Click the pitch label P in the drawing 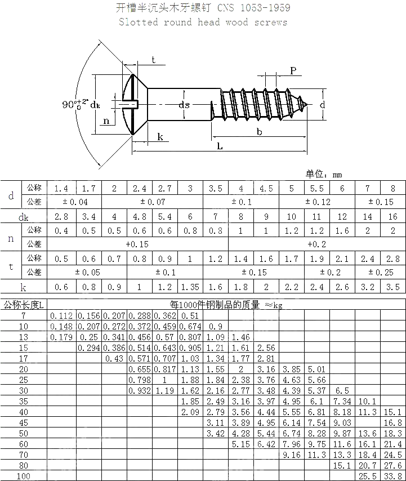point(293,70)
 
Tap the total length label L point(219,146)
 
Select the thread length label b point(258,131)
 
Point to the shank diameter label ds point(184,104)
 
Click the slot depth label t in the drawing point(153,61)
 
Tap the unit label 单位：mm point(324,175)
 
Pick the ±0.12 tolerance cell point(318,202)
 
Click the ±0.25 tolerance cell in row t point(381,272)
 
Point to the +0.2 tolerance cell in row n point(317,244)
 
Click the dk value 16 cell point(392,216)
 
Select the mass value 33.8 point(392,476)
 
